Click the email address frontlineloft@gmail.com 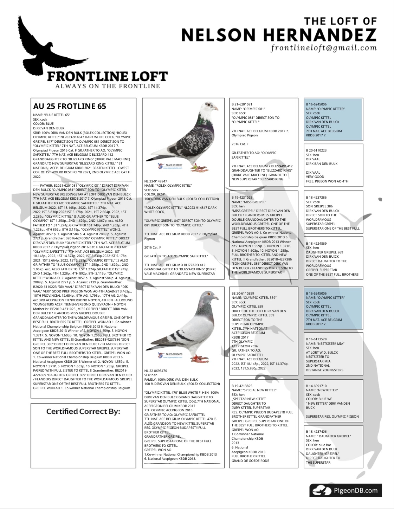(x=323, y=48)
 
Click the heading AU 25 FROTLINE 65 (x=70, y=106)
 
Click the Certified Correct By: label (x=83, y=411)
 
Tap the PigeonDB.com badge (x=345, y=490)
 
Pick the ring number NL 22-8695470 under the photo (x=156, y=371)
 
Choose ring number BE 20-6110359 (x=243, y=293)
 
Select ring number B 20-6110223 (x=316, y=150)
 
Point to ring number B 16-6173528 (x=316, y=339)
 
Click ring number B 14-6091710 (x=316, y=386)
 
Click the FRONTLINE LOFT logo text (x=108, y=76)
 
